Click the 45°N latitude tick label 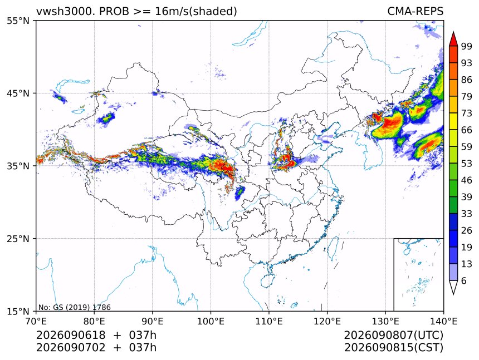pyautogui.click(x=18, y=93)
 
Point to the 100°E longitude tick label pyautogui.click(x=211, y=321)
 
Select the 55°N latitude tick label pyautogui.click(x=18, y=21)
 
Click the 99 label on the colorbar pyautogui.click(x=467, y=46)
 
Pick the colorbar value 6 pyautogui.click(x=464, y=280)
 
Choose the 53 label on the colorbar pyautogui.click(x=467, y=164)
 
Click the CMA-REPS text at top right pyautogui.click(x=415, y=11)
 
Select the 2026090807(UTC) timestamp pyautogui.click(x=393, y=335)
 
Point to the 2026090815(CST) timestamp pyautogui.click(x=393, y=348)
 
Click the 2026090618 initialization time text pyautogui.click(x=71, y=335)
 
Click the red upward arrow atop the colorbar pyautogui.click(x=453, y=38)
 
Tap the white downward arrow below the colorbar pyautogui.click(x=453, y=288)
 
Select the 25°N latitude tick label pyautogui.click(x=18, y=238)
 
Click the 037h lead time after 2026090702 pyautogui.click(x=143, y=348)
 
